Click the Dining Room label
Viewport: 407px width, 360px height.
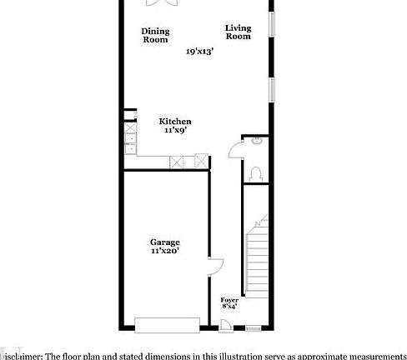(155, 36)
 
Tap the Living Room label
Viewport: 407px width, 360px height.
(238, 32)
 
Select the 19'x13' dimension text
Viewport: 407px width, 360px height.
(200, 52)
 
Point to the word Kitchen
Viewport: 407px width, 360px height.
(175, 121)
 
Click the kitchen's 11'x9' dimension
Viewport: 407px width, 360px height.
(174, 130)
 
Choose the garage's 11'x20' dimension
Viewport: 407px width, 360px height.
(165, 251)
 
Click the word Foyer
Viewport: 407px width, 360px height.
(229, 299)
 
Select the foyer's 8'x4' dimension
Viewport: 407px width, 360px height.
(229, 307)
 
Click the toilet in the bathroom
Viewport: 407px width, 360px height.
(257, 172)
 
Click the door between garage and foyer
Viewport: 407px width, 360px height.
(215, 268)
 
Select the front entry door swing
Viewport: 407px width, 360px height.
(225, 326)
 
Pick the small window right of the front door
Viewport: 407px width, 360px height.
(253, 329)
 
